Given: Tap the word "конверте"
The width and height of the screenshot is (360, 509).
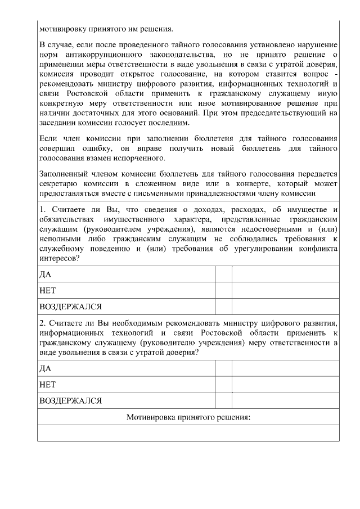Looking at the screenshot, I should pos(250,184).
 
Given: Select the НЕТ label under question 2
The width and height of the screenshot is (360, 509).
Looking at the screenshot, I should pos(48,385).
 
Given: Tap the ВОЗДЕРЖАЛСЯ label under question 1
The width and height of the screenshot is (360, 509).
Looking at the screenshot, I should pos(70,307).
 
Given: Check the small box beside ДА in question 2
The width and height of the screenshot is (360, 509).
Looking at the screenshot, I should pos(223,368).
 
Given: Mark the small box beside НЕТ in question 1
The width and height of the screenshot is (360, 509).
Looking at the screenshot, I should pos(223,290).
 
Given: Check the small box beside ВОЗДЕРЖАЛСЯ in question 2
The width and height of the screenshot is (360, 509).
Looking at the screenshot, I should pos(223,400).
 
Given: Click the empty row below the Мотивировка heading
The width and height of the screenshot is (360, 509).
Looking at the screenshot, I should pos(188,433).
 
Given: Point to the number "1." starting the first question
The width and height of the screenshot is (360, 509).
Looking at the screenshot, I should pos(43,210).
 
